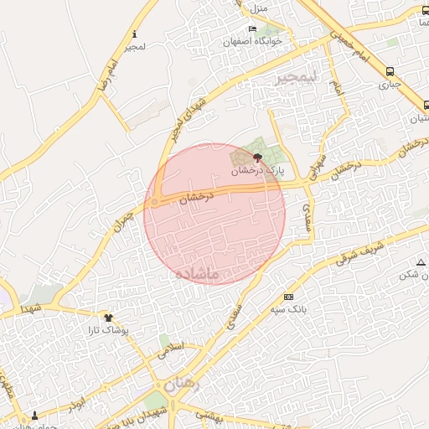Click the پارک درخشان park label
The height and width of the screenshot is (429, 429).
click(x=259, y=169)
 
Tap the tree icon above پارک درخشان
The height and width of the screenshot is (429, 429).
click(x=257, y=157)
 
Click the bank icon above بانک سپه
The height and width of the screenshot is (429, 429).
click(x=289, y=297)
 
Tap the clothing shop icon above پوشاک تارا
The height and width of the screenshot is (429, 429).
click(x=108, y=317)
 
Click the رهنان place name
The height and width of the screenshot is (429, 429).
click(x=182, y=385)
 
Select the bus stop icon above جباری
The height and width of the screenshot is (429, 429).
click(x=390, y=71)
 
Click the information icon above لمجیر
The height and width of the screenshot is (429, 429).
click(x=134, y=34)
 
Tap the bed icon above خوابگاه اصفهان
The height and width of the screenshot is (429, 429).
click(x=253, y=29)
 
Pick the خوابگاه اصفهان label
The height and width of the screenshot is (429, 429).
click(x=254, y=41)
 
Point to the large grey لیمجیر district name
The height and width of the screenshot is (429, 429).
click(x=297, y=77)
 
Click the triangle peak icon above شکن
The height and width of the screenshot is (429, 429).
click(x=421, y=262)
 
